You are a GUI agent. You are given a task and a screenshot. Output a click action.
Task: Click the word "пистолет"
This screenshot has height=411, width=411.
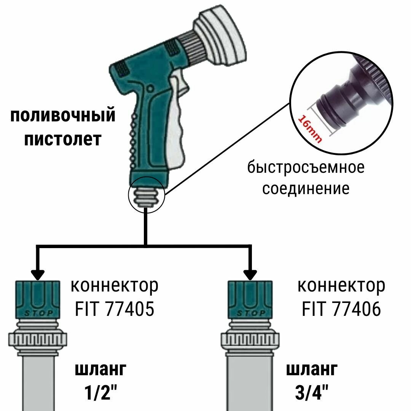63,139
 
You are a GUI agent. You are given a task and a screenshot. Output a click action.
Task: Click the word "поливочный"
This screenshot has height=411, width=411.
63,115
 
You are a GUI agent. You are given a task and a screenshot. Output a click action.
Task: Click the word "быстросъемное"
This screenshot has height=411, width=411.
306,167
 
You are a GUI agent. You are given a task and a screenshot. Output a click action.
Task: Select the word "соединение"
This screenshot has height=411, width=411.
306,188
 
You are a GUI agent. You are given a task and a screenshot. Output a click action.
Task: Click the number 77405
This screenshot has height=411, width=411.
129,309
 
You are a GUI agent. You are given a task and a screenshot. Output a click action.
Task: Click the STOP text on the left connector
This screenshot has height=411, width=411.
38,314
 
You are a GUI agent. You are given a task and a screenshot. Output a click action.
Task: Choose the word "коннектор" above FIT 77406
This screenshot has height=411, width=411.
341,285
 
